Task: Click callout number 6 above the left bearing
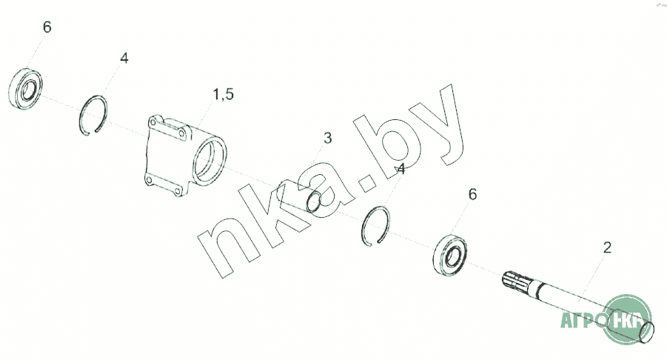coord(47,27)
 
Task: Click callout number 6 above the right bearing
coord(472,195)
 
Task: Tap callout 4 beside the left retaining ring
coord(124,58)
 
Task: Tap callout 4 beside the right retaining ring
coord(400,170)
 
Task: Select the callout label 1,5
coord(224,95)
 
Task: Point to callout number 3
coord(327,138)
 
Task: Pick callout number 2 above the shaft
coord(607,247)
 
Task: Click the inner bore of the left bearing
coord(29,90)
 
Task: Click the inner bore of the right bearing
coord(452,259)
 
